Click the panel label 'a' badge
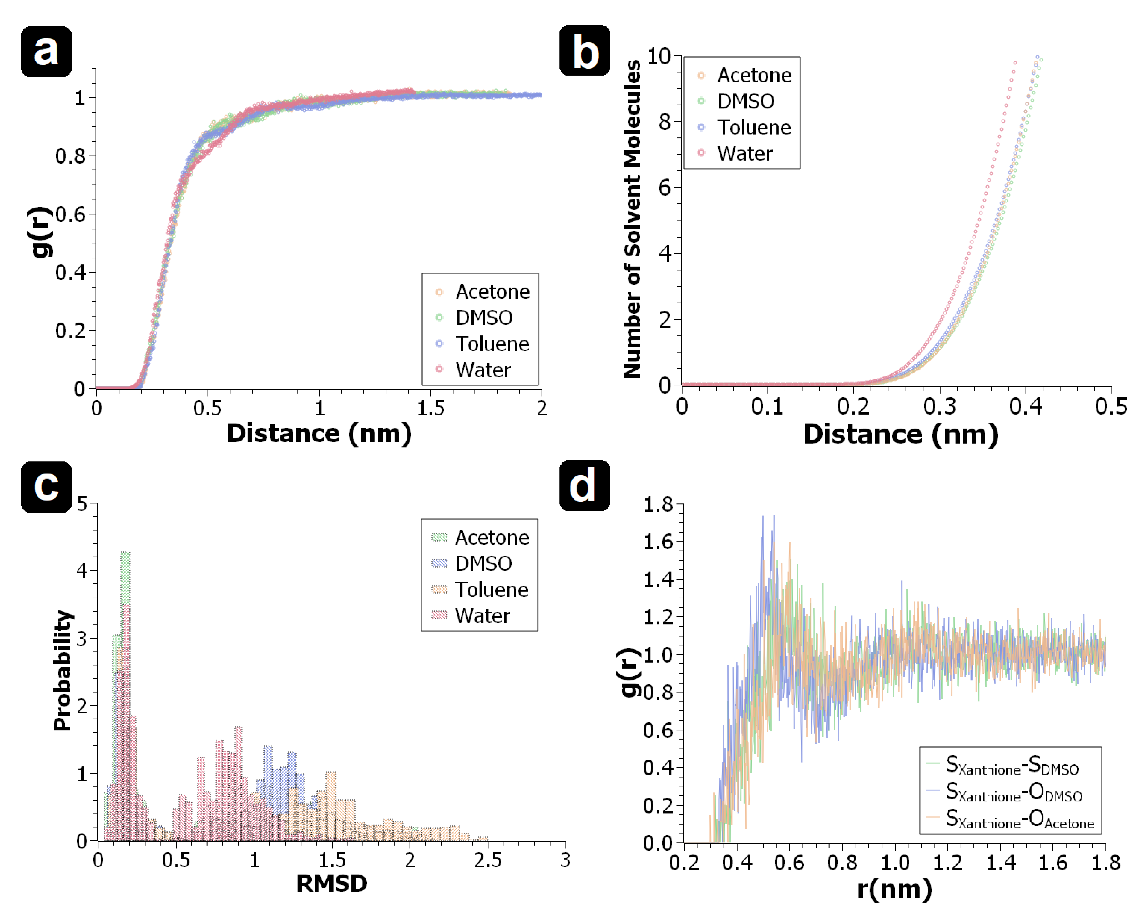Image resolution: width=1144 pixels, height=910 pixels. [46, 52]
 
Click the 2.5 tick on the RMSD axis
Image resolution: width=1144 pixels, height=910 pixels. [487, 859]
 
